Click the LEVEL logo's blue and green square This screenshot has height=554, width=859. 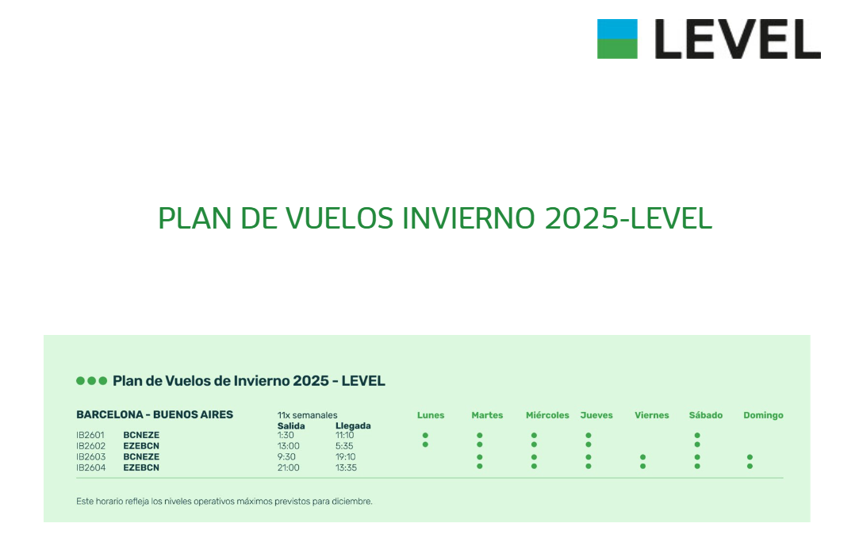[617, 39]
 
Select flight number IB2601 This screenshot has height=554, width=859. [90, 435]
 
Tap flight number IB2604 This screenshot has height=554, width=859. [91, 467]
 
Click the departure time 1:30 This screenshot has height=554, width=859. [286, 435]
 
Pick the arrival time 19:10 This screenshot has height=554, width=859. [345, 456]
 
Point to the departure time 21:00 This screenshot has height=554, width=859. [288, 467]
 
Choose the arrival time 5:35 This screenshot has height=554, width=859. [344, 446]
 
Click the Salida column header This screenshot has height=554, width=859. [291, 425]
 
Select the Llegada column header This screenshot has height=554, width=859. [353, 425]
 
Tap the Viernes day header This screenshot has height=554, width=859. [651, 415]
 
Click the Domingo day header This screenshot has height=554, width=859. [763, 415]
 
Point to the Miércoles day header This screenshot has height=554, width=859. [547, 415]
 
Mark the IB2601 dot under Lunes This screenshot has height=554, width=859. [425, 436]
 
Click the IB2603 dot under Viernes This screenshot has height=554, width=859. [642, 457]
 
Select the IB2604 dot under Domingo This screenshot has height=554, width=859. [750, 467]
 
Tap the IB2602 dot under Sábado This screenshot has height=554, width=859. [697, 444]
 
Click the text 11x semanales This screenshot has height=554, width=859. [307, 415]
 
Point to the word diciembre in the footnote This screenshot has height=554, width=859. [351, 502]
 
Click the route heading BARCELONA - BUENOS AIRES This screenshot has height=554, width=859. [155, 414]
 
